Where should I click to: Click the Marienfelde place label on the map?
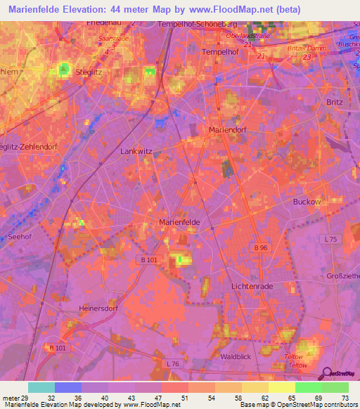pyautogui.click(x=180, y=222)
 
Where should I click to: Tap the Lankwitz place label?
pyautogui.click(x=136, y=150)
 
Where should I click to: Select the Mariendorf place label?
pyautogui.click(x=230, y=130)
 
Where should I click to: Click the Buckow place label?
pyautogui.click(x=307, y=202)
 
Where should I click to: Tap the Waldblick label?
pyautogui.click(x=236, y=357)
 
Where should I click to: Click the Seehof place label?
pyautogui.click(x=20, y=237)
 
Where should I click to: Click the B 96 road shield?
pyautogui.click(x=261, y=247)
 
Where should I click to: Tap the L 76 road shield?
pyautogui.click(x=174, y=363)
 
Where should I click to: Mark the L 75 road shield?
pyautogui.click(x=332, y=240)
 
